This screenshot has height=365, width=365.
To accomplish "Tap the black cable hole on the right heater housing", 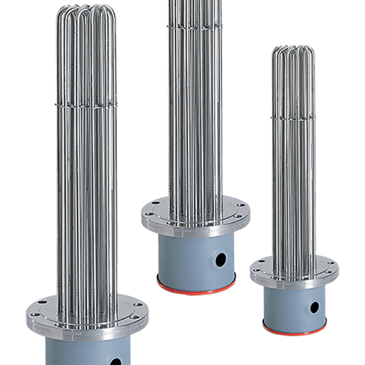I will pyautogui.click(x=314, y=307).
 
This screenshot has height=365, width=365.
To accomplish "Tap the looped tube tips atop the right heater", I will pyautogui.click(x=293, y=53).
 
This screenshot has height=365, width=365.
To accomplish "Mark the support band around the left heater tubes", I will pyautogui.click(x=86, y=102).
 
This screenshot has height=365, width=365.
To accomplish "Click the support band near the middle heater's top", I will pyautogui.click(x=195, y=25).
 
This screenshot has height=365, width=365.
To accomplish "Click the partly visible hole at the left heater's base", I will pyautogui.click(x=115, y=361).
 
